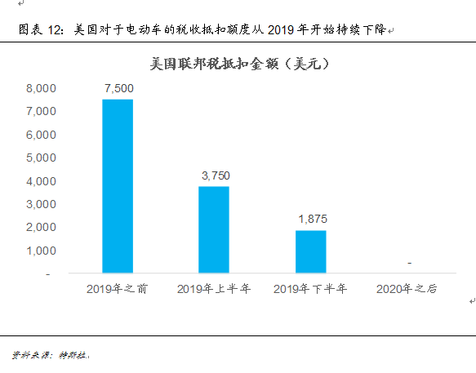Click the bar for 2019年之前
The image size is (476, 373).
(118, 186)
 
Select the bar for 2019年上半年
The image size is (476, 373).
(214, 229)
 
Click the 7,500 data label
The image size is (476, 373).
(118, 88)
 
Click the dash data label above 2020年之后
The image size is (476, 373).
(408, 263)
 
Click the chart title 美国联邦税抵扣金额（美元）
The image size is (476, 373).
(238, 63)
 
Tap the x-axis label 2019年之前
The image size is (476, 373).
(118, 289)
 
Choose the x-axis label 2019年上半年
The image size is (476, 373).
(214, 289)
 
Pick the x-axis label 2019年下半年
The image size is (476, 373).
(310, 289)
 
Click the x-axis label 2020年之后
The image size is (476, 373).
(407, 289)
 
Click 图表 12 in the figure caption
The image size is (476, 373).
(40, 30)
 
